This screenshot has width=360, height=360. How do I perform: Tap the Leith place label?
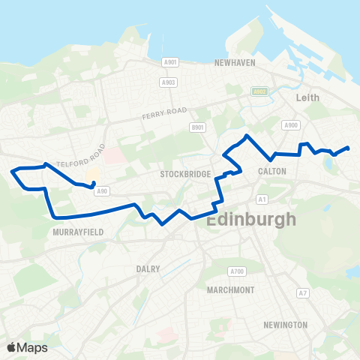(308, 97)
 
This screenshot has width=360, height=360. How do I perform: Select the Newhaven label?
(236, 64)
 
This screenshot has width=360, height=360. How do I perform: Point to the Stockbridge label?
(183, 174)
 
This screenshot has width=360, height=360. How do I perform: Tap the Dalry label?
(148, 268)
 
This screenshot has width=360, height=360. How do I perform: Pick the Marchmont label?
(230, 289)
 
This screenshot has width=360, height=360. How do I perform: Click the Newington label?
(285, 325)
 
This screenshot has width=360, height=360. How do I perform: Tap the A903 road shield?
(169, 82)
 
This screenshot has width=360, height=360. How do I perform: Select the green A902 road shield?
(259, 91)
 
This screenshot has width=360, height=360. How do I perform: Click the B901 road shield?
(198, 128)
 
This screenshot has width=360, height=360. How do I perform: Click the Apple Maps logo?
(27, 347)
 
